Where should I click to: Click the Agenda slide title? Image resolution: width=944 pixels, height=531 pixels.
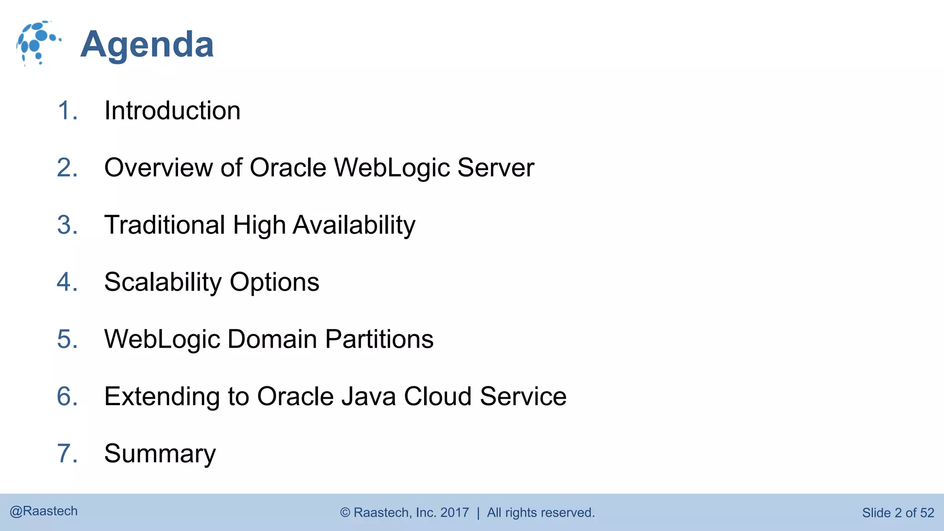pos(147,45)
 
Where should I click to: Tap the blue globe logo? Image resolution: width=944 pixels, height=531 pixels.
pos(38,43)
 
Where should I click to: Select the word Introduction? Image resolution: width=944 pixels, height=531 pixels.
pos(172,111)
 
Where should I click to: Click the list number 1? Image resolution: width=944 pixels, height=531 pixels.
pos(67,111)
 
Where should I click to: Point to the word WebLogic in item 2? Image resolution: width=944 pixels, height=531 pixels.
pos(392,167)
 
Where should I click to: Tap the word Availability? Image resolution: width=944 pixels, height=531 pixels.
pos(354,225)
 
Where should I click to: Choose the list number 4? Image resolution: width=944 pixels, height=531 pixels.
pos(67,282)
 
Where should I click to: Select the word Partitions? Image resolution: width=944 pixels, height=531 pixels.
pos(379,339)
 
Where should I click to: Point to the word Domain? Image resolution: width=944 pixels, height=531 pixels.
pos(272,339)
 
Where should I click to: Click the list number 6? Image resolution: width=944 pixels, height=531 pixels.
pos(67,396)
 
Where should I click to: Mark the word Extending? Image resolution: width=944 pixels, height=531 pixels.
pos(162,396)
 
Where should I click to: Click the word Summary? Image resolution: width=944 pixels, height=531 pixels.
pos(160,454)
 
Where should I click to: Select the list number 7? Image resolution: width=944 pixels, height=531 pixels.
pos(67,454)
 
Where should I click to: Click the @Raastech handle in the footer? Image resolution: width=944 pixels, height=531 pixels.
pos(44,511)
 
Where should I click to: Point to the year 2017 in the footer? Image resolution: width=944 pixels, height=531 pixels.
pos(454,513)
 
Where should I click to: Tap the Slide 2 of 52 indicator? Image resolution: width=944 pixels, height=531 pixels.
pos(898,513)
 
